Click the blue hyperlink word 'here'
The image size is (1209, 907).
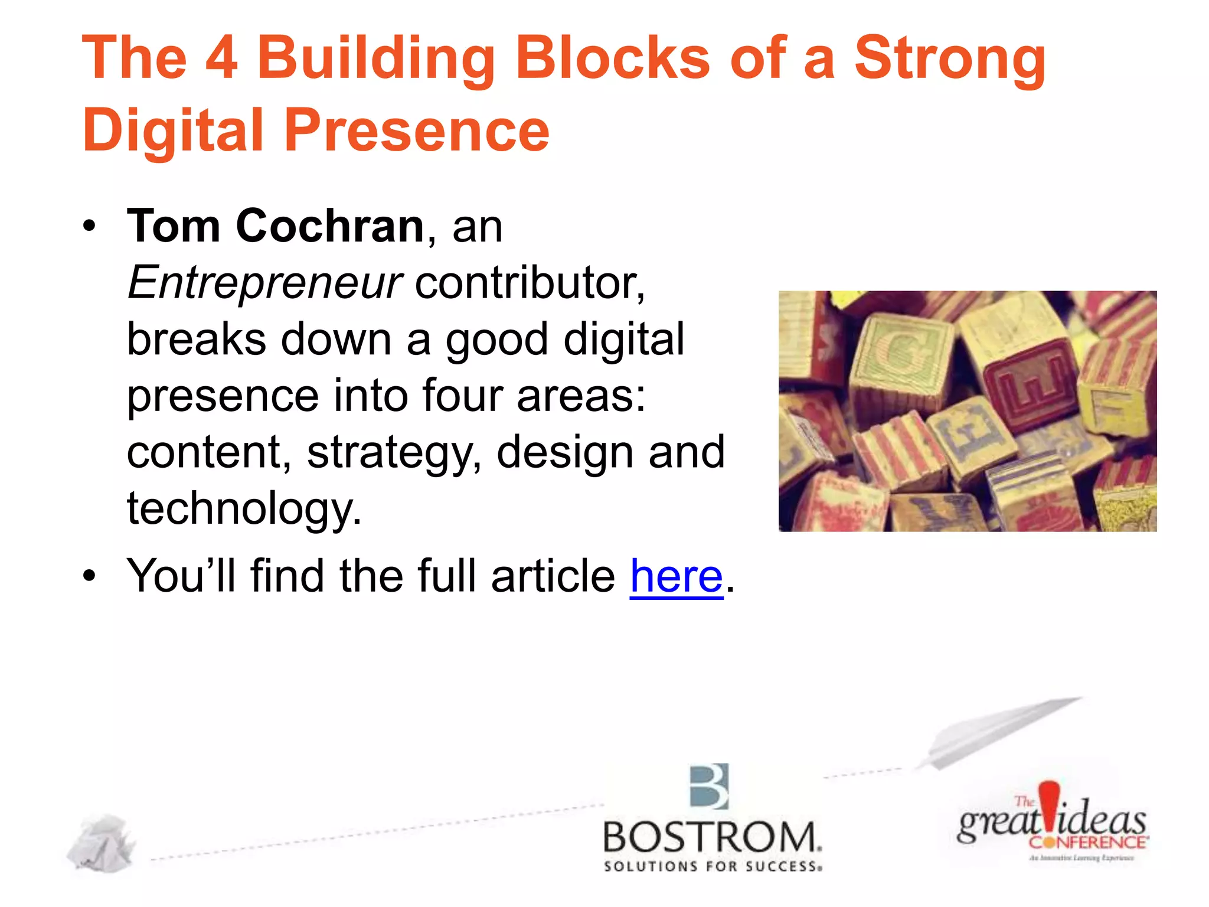(676, 576)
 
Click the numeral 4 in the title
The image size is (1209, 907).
(221, 57)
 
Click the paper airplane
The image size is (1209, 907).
(998, 732)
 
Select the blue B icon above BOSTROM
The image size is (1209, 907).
(710, 787)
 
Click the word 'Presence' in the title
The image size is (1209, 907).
(416, 130)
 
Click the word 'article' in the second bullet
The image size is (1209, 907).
(553, 576)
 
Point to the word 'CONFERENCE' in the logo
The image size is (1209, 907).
(1087, 842)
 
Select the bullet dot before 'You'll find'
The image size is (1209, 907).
(89, 576)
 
